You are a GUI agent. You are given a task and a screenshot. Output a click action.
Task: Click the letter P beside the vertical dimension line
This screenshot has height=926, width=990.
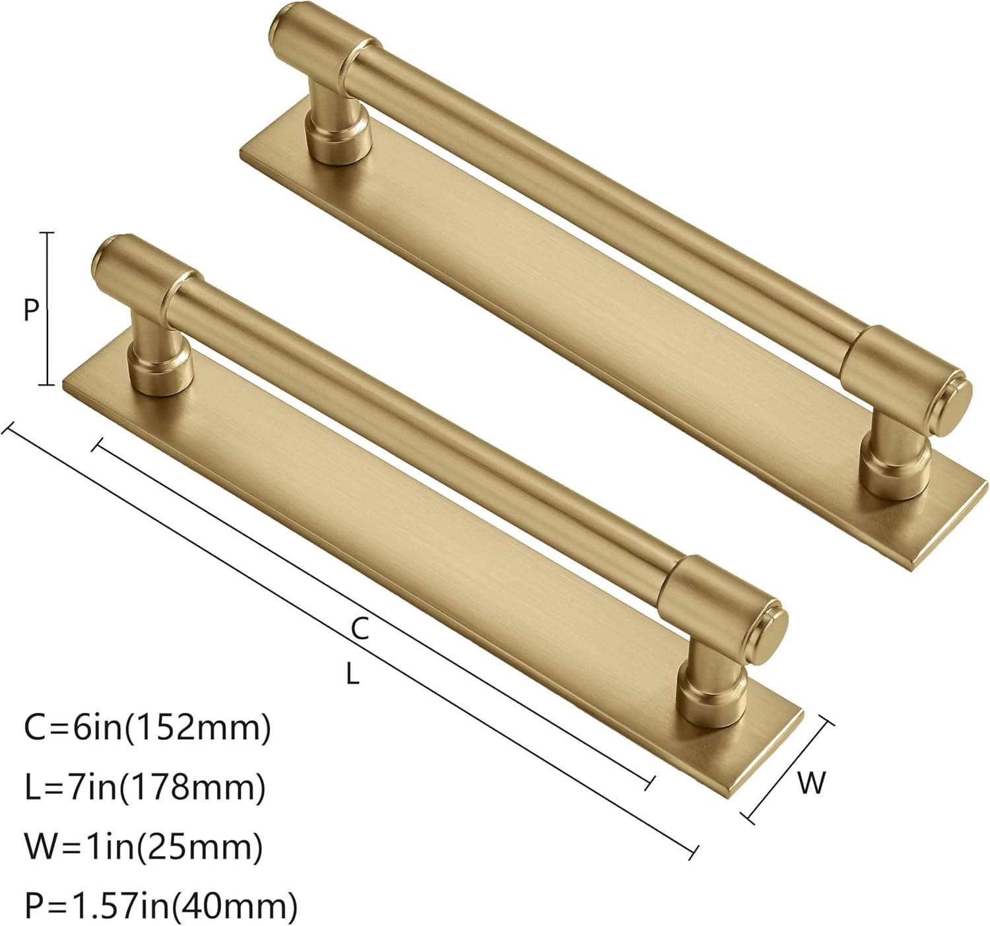click(31, 309)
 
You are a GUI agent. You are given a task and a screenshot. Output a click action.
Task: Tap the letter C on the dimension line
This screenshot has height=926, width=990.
click(359, 630)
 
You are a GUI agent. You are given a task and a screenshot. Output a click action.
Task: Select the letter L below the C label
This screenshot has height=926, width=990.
click(353, 674)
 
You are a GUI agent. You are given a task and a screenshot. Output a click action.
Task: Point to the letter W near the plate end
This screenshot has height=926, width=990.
click(811, 783)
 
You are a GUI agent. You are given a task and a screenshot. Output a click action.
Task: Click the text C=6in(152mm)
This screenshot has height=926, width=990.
click(147, 729)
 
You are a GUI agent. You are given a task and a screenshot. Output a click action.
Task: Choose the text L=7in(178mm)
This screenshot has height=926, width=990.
click(145, 787)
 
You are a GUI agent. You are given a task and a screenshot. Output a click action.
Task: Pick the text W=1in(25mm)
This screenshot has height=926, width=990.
click(143, 846)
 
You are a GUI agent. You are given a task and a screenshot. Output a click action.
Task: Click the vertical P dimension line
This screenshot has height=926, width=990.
click(47, 309)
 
